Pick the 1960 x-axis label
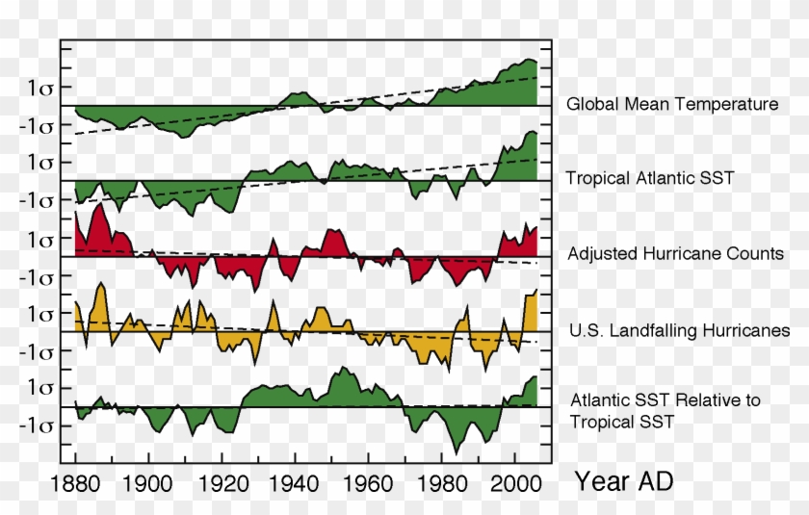pos(368,482)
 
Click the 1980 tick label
pos(441,482)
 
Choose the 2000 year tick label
pos(514,482)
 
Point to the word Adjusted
pos(603,254)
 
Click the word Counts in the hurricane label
pos(756,254)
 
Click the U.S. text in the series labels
pos(586,331)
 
